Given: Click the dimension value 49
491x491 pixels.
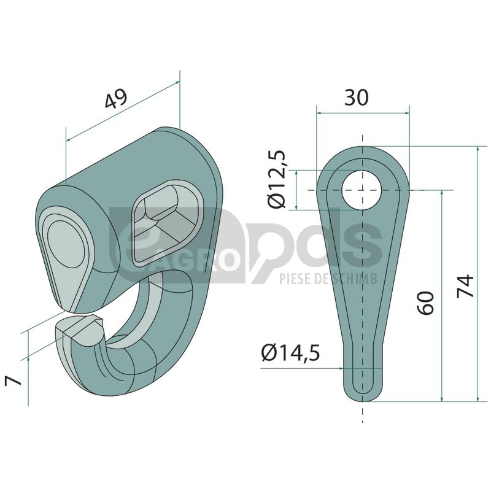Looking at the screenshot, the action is [x=116, y=98].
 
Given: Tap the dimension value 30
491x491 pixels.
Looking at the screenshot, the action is [x=357, y=97].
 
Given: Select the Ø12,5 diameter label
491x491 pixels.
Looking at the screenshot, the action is [x=277, y=179].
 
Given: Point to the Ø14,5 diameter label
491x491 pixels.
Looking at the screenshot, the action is [x=290, y=353].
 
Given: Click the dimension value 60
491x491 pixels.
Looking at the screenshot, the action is [x=426, y=303].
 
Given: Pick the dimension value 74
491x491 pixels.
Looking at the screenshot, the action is [x=465, y=286].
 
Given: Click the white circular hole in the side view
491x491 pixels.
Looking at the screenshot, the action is [x=362, y=190].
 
